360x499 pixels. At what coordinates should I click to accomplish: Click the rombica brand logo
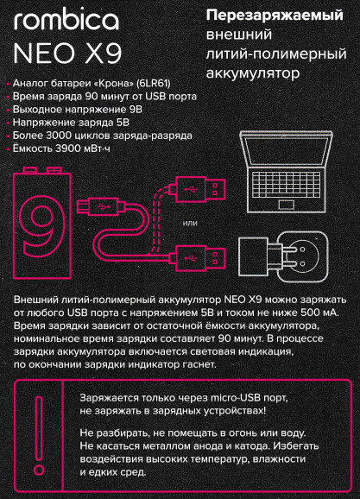tap(66, 20)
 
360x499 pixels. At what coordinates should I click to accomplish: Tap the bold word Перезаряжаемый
tap(275, 16)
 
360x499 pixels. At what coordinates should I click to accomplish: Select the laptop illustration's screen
tap(286, 151)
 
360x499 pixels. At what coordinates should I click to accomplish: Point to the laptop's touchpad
tap(286, 205)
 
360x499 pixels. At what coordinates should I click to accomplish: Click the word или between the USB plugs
tap(190, 223)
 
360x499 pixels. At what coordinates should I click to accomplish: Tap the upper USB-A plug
tap(198, 190)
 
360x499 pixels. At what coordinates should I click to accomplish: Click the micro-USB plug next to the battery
tap(101, 206)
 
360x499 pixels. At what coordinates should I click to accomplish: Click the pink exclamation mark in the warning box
tap(39, 436)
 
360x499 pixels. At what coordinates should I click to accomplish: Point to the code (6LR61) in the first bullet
tap(153, 84)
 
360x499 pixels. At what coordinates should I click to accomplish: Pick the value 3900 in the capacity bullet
tap(68, 148)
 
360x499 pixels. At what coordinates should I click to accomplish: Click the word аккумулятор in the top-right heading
tap(253, 74)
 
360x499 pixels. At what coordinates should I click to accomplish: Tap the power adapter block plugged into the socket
tap(254, 256)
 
